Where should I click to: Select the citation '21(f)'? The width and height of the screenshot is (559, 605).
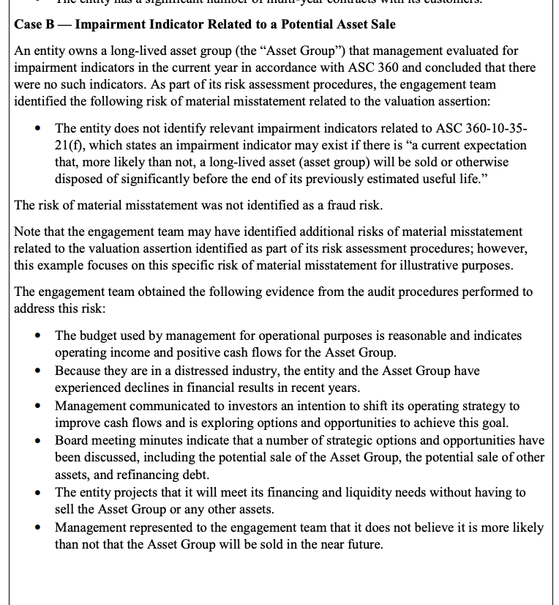[x=70, y=145]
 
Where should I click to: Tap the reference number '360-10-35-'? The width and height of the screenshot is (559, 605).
[x=495, y=128]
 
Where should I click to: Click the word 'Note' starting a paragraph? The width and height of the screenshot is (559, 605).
[x=28, y=231]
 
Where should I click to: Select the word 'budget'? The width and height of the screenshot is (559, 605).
[x=100, y=335]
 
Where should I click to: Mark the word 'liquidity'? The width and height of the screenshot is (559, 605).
[x=323, y=492]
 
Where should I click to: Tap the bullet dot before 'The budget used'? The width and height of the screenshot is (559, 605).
[x=38, y=336]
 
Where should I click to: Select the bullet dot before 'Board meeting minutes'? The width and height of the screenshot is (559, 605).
[x=38, y=441]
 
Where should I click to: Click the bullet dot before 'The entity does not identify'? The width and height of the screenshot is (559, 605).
[x=38, y=129]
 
